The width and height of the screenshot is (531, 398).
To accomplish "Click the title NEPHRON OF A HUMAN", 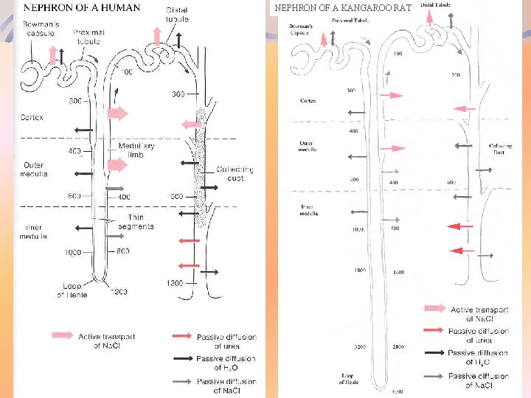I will click(81, 8).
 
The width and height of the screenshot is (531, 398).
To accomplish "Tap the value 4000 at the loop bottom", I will click(397, 391).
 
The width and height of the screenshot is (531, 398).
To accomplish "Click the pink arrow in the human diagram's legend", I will click(62, 335).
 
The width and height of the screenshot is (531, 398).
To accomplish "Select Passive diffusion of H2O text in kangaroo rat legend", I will click(478, 357).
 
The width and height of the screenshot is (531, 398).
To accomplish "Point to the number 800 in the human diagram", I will click(123, 251).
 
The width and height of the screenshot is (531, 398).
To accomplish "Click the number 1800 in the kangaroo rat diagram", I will click(359, 270).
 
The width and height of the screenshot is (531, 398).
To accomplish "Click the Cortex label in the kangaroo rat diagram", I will click(308, 100).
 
